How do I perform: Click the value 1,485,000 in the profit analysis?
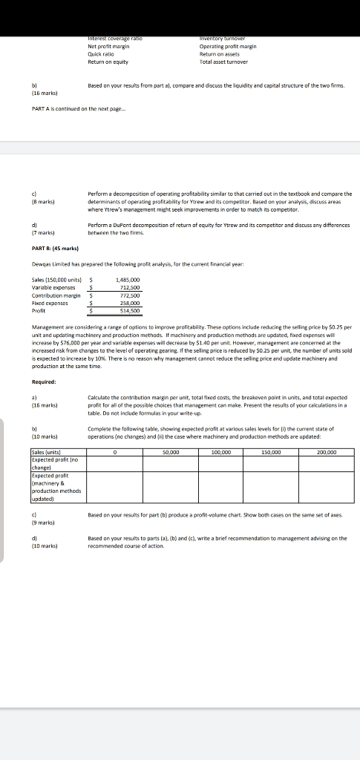tap(128, 280)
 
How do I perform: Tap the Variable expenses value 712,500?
tap(128, 287)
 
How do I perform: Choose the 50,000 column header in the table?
tap(168, 451)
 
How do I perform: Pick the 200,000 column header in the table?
tap(327, 451)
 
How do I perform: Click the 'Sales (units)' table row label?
tap(50, 451)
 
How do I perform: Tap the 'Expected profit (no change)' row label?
tap(52, 465)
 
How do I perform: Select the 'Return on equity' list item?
tap(108, 62)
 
